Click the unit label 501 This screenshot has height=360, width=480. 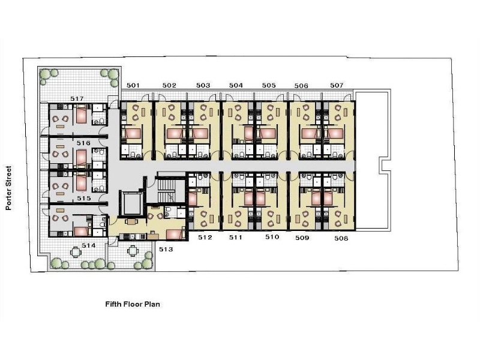pos(133,85)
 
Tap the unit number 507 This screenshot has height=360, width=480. pos(337,85)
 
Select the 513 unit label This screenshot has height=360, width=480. pos(166,250)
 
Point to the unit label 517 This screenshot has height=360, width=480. pos(77,98)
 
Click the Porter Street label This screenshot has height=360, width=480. pos(8,188)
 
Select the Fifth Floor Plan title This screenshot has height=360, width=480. pos(133,304)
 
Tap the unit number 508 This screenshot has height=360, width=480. pos(341,238)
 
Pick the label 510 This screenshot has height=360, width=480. pos(272,237)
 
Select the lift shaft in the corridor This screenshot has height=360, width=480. pos(131,203)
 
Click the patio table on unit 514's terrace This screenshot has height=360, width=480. pos(76,252)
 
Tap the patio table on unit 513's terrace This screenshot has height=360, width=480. pos(132,251)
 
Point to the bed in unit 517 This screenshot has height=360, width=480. pos(82,115)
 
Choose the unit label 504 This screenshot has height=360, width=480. pos(236,85)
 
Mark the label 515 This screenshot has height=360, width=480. pos(84,199)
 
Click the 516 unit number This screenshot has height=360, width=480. pos(83,143)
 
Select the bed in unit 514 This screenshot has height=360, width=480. pos(81,231)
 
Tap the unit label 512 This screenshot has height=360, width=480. pos(205,237)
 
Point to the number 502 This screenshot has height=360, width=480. pos(169,85)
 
